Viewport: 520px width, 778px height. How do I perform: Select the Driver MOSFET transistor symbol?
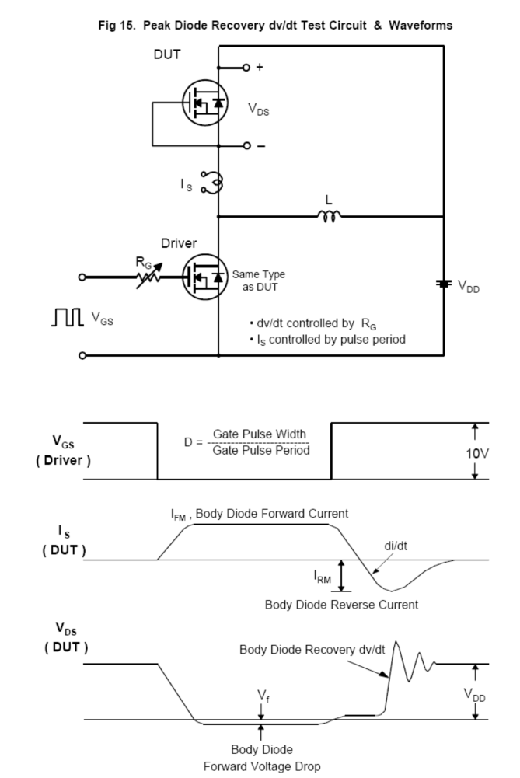tap(204, 275)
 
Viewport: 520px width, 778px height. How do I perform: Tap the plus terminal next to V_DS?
tap(246, 68)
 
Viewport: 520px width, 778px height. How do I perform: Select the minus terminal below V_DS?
tap(246, 145)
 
